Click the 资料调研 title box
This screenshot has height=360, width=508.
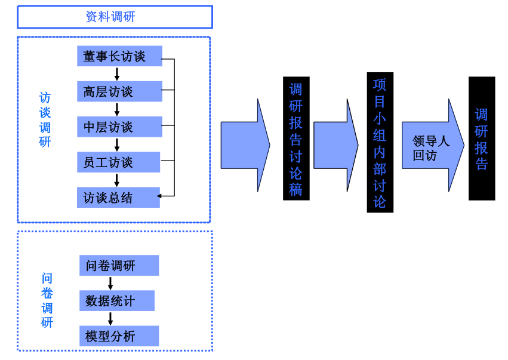point(115,17)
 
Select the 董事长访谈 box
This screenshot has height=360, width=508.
point(119,56)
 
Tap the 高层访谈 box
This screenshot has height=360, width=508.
point(119,91)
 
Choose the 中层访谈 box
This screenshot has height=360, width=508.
point(119,127)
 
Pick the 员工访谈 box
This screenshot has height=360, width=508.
point(118,162)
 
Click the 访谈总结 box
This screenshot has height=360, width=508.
point(118,198)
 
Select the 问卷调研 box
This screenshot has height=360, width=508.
point(119,266)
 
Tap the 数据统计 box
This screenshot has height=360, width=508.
point(116,301)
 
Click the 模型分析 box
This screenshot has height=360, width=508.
point(119,336)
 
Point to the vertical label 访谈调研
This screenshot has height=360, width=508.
point(45,119)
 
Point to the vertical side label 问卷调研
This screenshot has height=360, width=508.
point(47,300)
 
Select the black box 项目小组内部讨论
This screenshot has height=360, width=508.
point(380,142)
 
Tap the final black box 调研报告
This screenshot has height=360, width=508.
point(481,139)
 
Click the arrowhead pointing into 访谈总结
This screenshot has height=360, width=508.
point(159,195)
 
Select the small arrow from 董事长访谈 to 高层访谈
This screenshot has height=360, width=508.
point(117,73)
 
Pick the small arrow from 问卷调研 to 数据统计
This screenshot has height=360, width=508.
point(110,283)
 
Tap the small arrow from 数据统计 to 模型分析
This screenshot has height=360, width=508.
point(110,318)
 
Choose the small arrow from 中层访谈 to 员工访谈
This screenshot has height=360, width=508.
point(117,144)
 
